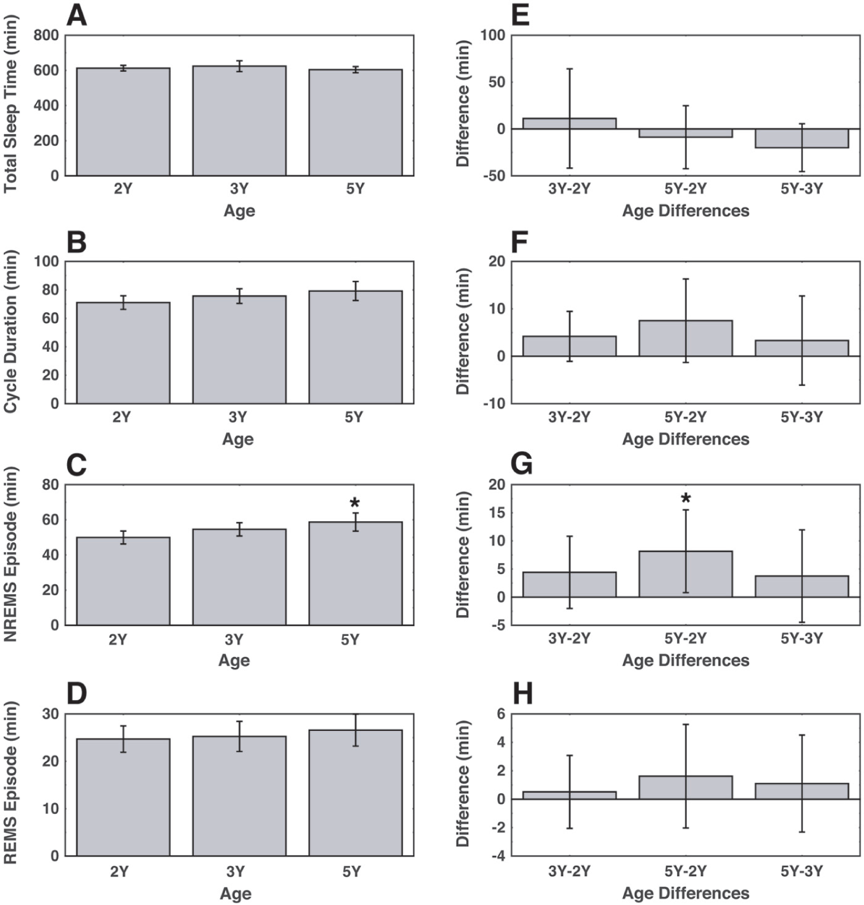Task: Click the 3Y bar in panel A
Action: [x=239, y=121]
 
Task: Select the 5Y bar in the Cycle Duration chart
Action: [x=355, y=347]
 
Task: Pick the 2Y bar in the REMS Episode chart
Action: [x=124, y=797]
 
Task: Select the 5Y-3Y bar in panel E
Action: [x=802, y=138]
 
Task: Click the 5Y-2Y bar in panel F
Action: [x=686, y=338]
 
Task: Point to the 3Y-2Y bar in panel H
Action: [x=569, y=796]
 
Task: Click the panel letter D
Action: [x=77, y=695]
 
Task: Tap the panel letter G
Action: [x=521, y=465]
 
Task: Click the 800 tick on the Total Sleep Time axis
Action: [x=45, y=36]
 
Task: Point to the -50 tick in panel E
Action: [x=493, y=176]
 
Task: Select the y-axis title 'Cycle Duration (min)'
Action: [x=10, y=332]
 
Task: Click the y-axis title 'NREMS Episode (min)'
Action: [x=10, y=554]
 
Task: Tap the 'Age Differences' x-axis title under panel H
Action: [x=686, y=893]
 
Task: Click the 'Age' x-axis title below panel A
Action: [x=239, y=211]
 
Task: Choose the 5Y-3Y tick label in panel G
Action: [x=802, y=639]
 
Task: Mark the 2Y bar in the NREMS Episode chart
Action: [x=124, y=581]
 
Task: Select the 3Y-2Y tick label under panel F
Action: [x=569, y=418]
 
